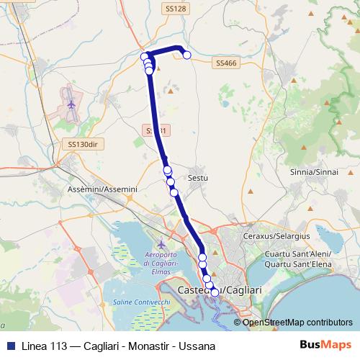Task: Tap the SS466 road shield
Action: tap(226, 63)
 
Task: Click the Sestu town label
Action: tap(197, 176)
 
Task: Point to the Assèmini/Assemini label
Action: tap(102, 189)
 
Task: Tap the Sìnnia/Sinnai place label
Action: tap(314, 173)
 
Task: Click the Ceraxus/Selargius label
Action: tap(276, 237)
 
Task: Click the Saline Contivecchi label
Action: tap(138, 302)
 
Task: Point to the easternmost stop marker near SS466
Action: tap(186, 55)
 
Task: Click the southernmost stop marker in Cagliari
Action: tap(215, 292)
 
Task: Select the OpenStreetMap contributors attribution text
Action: tap(297, 322)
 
